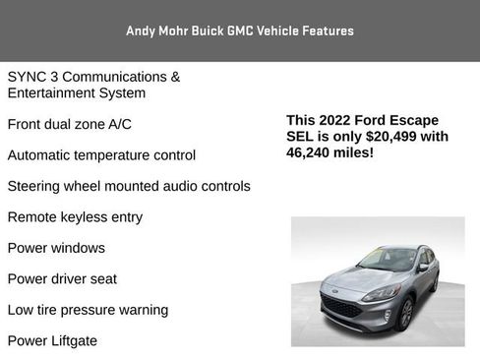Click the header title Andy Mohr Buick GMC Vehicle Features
point(240,30)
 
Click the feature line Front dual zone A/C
point(69,124)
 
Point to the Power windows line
point(56,248)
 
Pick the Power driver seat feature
point(62,278)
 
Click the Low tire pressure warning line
point(88,310)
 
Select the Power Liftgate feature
point(52,340)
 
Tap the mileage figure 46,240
point(313,153)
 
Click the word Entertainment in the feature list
point(52,92)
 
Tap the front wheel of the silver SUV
point(405,314)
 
